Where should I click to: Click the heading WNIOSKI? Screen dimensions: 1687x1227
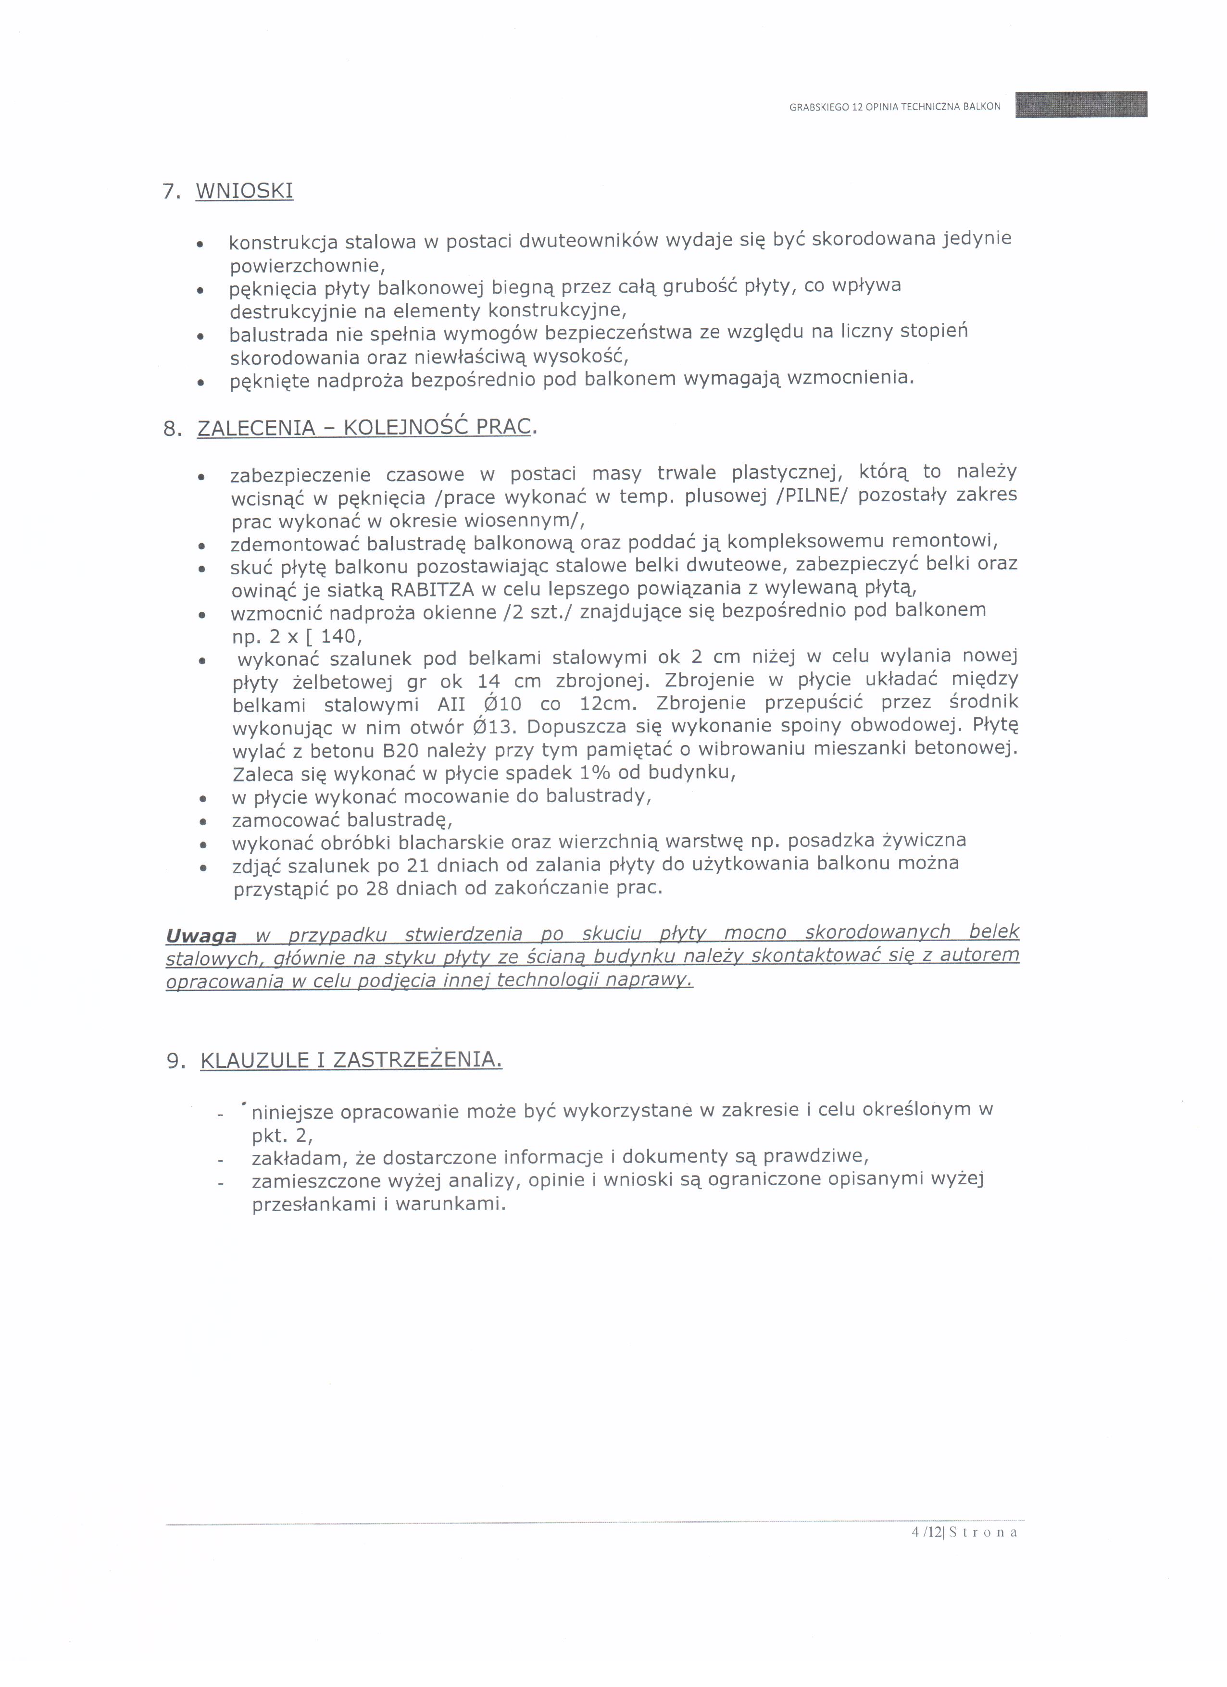[x=244, y=191]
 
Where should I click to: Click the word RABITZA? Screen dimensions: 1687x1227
[x=432, y=589]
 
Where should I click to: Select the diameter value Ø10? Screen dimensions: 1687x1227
[x=502, y=704]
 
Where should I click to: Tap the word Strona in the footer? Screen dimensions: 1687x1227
[x=983, y=1532]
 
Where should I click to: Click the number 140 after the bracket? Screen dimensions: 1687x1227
[x=339, y=637]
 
